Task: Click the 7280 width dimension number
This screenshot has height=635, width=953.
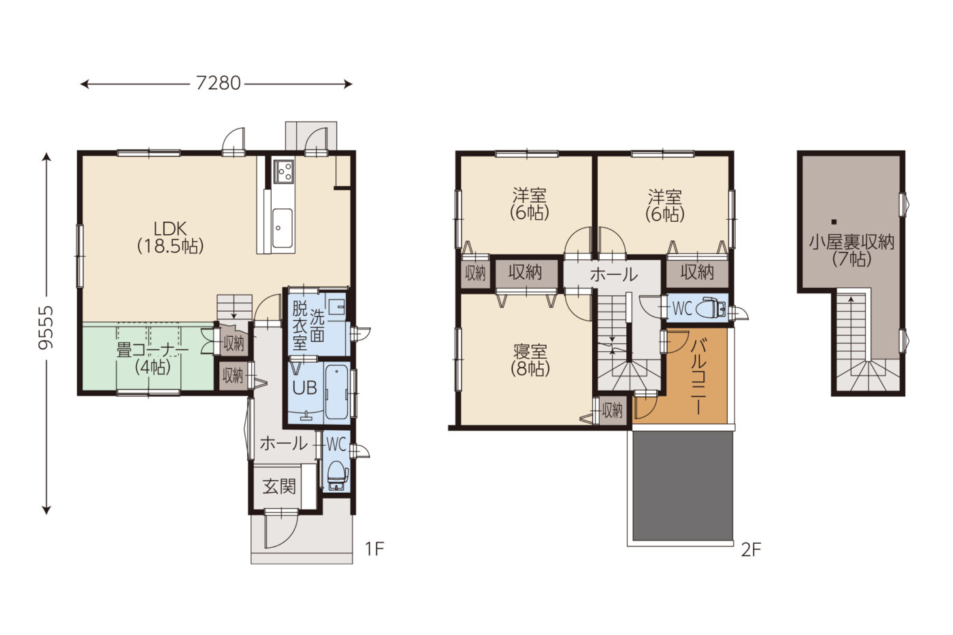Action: tap(219, 83)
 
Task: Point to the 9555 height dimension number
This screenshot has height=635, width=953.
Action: tap(46, 327)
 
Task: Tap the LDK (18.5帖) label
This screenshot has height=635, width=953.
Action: tap(170, 238)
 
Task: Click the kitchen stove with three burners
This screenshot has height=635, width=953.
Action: tap(283, 172)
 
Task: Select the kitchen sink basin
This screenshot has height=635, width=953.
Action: tap(282, 228)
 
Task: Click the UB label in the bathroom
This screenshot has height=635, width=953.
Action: tap(305, 388)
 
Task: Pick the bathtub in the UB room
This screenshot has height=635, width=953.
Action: tap(337, 391)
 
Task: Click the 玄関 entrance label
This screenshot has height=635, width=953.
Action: tap(278, 487)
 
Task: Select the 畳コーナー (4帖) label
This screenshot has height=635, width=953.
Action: tap(152, 359)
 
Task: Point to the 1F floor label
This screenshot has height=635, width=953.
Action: tap(374, 549)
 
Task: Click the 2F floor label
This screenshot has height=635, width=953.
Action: tap(750, 550)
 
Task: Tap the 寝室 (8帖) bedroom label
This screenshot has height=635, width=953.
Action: tap(530, 360)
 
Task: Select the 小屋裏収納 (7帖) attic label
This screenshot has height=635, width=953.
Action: tap(852, 250)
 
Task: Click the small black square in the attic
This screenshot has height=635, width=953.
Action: tap(834, 222)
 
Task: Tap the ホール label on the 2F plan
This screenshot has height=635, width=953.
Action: tap(614, 275)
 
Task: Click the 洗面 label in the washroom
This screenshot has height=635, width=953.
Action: tap(317, 325)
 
